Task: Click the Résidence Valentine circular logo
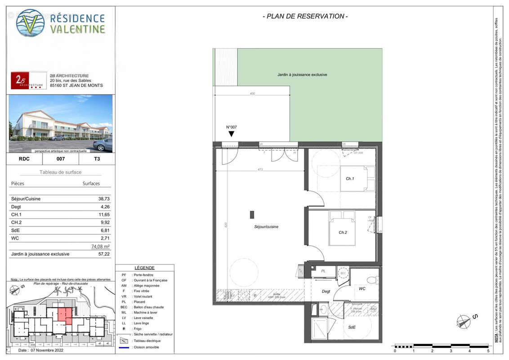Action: pos(30,22)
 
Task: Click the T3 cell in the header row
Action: pos(97,159)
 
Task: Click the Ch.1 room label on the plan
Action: pos(350,179)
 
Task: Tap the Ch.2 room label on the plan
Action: pos(343,233)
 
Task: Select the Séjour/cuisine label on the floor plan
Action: pos(266,227)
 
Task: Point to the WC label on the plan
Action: pos(362,288)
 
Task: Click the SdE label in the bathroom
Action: pos(351,327)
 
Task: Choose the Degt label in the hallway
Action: pos(326,292)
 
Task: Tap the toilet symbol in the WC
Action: pos(372,280)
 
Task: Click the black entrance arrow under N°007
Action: pos(231,134)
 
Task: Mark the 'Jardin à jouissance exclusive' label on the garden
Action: pos(302,75)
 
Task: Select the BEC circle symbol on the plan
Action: pos(343,273)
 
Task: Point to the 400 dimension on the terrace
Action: pos(252,94)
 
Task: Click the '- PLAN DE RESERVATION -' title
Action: pos(305,17)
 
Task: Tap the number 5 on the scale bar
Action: pos(488,351)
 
